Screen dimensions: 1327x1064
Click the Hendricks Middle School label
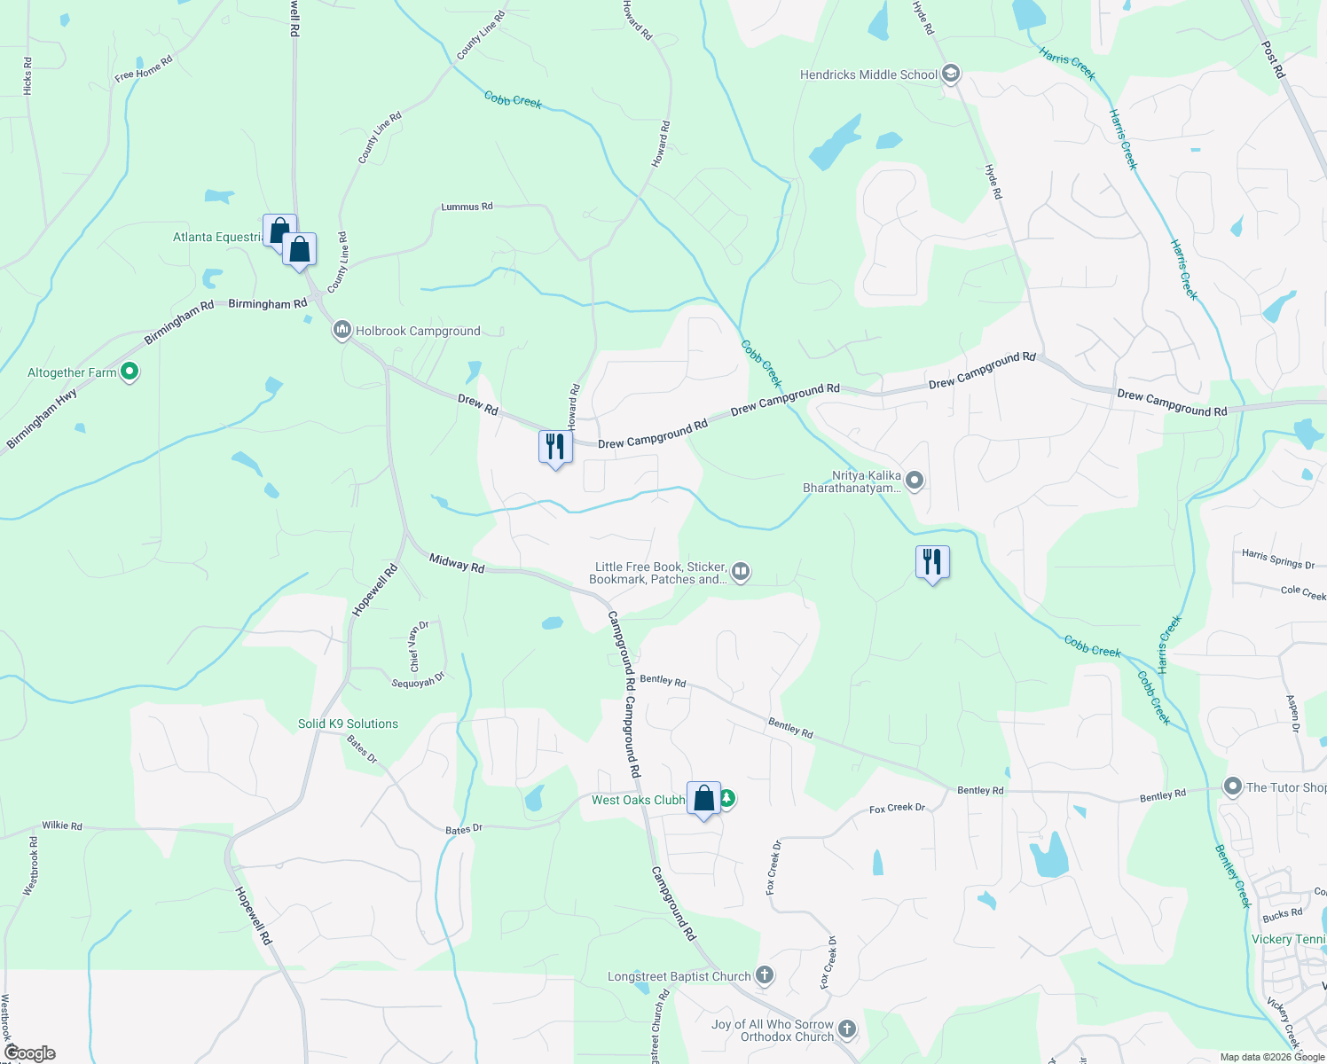(x=868, y=75)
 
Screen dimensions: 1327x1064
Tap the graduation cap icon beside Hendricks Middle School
(x=951, y=74)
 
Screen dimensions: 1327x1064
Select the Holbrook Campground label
(x=418, y=332)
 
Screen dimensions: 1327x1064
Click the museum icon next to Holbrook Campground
(x=342, y=331)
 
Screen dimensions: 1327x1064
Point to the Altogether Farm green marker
(x=130, y=372)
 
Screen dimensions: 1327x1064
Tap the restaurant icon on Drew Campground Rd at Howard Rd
(x=555, y=446)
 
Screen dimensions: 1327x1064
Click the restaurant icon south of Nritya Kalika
(x=932, y=561)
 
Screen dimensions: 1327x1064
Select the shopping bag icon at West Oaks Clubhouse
(x=703, y=799)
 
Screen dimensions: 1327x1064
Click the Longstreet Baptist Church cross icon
(x=765, y=976)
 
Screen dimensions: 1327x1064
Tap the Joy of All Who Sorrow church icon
(x=847, y=1029)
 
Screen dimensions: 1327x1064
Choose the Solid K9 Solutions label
(x=348, y=724)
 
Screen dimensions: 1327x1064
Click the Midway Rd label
(x=457, y=563)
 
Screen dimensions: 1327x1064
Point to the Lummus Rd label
(x=467, y=207)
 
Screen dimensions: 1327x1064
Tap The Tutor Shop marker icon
(x=1232, y=786)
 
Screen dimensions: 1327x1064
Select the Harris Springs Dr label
(x=1278, y=559)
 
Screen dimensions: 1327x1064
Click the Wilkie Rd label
(x=62, y=825)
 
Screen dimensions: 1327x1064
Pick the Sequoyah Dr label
(x=418, y=680)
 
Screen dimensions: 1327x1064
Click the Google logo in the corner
(x=29, y=1053)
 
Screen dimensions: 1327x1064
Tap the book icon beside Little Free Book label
(x=741, y=573)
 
